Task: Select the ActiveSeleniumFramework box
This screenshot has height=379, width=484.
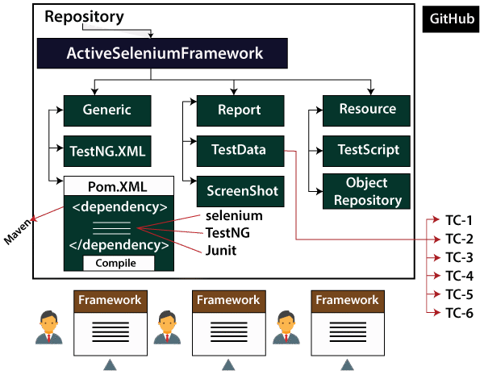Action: click(150, 55)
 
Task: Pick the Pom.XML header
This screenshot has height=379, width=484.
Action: click(117, 187)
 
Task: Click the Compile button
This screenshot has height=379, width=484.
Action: click(116, 263)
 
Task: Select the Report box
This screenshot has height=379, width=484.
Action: click(240, 110)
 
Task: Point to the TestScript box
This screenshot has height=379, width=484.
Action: click(368, 150)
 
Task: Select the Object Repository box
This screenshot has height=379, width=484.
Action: click(368, 191)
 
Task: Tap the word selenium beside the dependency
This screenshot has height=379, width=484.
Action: click(234, 216)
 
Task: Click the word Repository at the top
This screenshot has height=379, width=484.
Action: click(85, 16)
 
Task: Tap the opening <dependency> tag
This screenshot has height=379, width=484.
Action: click(119, 206)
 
